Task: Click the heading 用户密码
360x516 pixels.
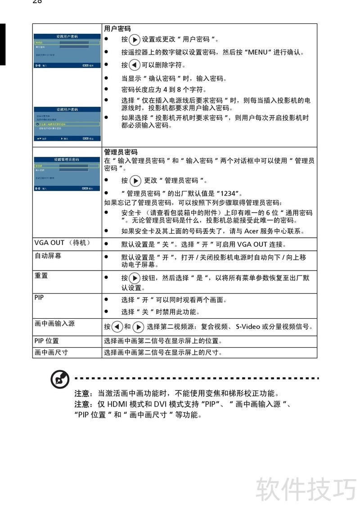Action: point(117,28)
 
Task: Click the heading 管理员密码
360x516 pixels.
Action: point(121,152)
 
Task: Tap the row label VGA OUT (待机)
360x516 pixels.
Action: point(62,243)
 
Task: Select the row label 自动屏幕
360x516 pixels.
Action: point(48,255)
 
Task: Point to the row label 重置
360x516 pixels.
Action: point(41,275)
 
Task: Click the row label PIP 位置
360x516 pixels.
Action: point(46,341)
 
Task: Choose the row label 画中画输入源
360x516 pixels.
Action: point(54,323)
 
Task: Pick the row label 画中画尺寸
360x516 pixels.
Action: point(51,352)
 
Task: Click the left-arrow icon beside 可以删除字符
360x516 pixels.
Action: point(134,65)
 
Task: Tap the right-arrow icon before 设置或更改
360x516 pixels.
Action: point(134,39)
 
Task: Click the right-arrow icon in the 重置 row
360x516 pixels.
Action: point(134,278)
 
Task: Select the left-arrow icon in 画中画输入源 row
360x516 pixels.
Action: point(117,326)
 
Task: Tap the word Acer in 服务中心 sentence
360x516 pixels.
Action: point(251,231)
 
